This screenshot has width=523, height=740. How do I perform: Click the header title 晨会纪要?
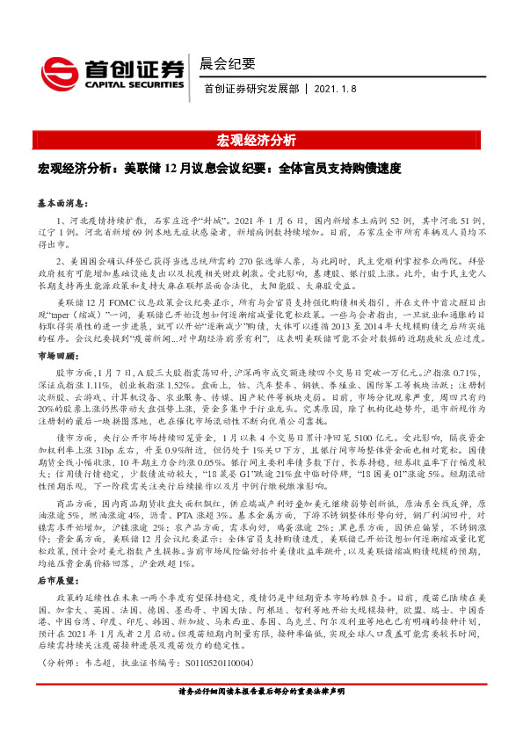point(229,62)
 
